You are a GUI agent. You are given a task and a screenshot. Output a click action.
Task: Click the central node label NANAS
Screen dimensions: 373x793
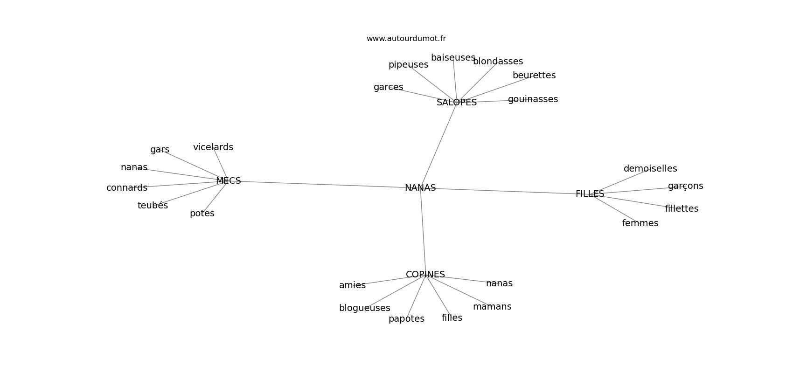420,188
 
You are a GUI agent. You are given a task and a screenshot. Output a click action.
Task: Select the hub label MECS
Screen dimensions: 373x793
229,181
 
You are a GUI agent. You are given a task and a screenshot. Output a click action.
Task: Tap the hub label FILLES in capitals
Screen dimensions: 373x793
590,194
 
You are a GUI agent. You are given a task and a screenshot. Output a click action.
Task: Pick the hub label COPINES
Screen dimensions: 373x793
425,275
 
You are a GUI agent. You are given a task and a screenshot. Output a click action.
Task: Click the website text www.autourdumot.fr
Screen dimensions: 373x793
406,39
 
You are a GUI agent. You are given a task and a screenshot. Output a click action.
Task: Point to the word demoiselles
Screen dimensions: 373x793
650,169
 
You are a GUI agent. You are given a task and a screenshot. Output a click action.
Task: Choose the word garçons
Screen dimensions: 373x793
685,186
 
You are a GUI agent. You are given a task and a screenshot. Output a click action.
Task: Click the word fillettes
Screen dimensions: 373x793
682,209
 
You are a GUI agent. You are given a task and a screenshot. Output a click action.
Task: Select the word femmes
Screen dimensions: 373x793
640,223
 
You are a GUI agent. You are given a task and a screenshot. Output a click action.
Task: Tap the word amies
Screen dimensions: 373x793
352,285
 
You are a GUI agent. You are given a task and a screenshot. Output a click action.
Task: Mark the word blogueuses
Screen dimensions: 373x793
364,308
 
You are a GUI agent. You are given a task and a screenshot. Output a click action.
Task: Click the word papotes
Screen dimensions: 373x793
406,319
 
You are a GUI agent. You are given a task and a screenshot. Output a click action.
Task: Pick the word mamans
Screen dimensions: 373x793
492,307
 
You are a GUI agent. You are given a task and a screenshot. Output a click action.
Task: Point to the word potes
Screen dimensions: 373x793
202,214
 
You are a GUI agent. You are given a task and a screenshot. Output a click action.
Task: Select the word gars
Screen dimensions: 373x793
160,150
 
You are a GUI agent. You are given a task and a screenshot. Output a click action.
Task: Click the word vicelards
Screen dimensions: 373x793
213,147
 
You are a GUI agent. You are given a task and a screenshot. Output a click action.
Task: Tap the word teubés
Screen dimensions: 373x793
153,206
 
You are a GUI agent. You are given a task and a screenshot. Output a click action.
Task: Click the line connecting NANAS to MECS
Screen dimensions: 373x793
322,185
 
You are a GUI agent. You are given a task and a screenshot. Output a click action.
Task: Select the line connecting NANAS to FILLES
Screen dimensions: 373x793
504,191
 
